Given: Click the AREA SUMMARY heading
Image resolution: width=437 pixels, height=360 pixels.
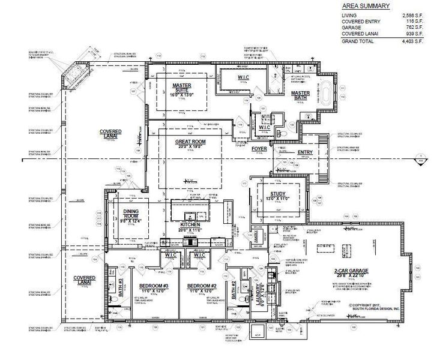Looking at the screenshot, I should pyautogui.click(x=366, y=6).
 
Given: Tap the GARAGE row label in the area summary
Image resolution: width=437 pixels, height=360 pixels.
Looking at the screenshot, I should pyautogui.click(x=352, y=27).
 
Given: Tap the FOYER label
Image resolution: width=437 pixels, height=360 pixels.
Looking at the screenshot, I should pyautogui.click(x=259, y=148).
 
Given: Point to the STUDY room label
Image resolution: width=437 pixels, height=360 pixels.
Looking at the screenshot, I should pyautogui.click(x=277, y=193).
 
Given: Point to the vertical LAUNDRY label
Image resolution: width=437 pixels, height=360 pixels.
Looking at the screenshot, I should pyautogui.click(x=260, y=293).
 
